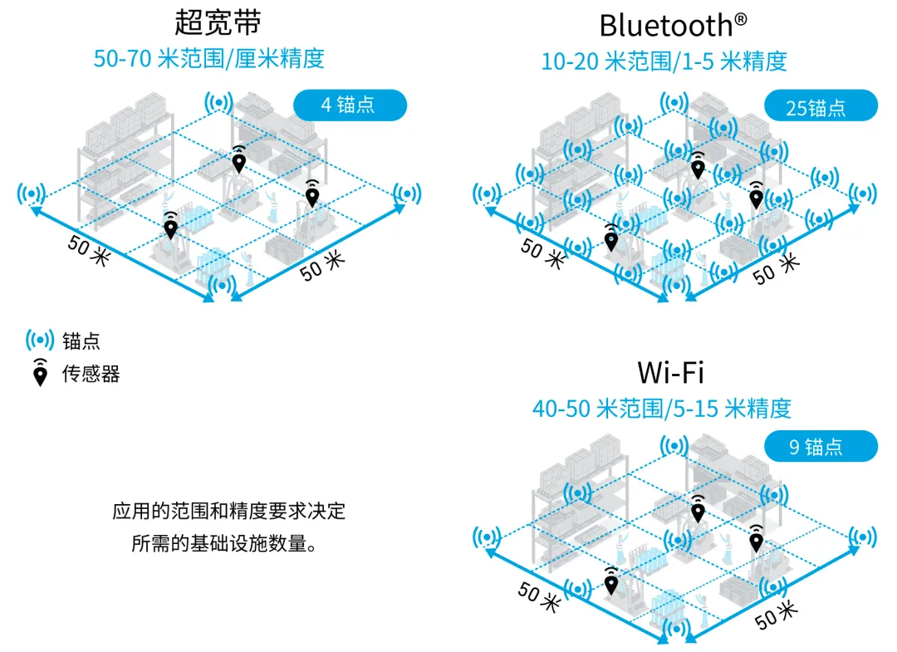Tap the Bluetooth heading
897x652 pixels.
pos(666,25)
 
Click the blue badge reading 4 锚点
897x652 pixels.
pos(350,105)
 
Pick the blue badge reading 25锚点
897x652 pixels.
pos(820,106)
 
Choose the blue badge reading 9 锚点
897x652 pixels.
pos(820,447)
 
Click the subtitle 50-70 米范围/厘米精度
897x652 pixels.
pos(208,59)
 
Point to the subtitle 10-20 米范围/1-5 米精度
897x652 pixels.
pos(664,61)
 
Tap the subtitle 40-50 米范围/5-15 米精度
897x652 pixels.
pos(662,408)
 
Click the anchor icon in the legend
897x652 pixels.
pos(40,340)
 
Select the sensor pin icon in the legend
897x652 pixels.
pos(40,374)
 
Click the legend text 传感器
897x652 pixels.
pos(91,375)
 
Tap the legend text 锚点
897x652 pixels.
pos(81,341)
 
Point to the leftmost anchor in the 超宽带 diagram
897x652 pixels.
pos(32,194)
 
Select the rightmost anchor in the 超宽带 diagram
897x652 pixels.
pos(406,194)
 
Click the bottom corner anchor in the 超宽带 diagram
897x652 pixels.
pos(219,286)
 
